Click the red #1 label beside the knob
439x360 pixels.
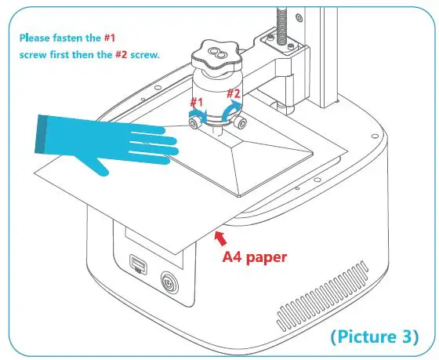(196, 103)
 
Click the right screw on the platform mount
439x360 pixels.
(246, 124)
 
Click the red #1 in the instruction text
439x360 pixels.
(111, 38)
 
